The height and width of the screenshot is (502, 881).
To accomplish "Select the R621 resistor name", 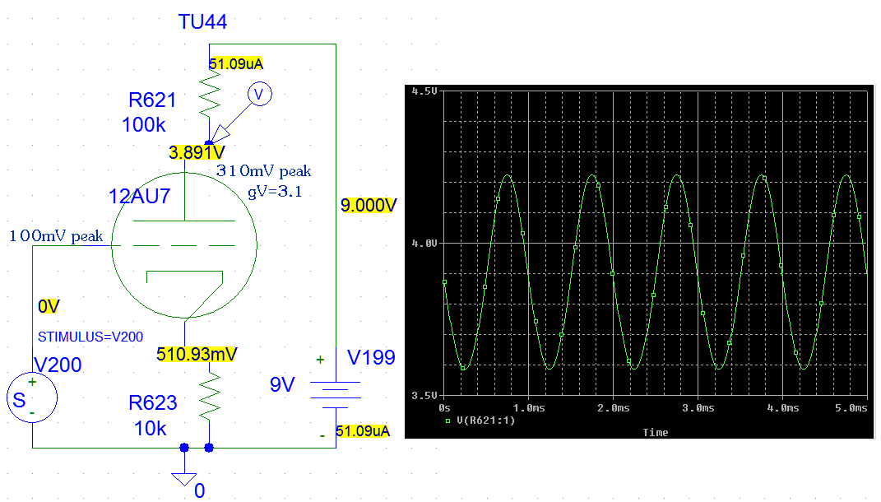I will pos(152,100).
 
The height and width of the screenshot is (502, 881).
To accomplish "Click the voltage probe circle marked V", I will pos(259,95).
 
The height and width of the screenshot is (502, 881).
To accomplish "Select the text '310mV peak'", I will pos(263,171).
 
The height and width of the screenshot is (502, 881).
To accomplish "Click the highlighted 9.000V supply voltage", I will pos(369,205).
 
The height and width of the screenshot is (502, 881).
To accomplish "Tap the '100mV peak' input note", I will pos(56,236).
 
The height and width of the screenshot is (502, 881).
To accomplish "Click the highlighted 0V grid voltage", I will pos(49,306).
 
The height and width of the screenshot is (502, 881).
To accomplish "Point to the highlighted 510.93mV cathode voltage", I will pos(197,354).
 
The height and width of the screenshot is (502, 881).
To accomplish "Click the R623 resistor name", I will pos(152,403).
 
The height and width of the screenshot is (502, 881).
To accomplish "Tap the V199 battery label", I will pos(371,358).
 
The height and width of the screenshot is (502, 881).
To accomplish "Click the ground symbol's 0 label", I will pos(199,490).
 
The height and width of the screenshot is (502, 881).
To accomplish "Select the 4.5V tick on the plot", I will pos(424,91).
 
